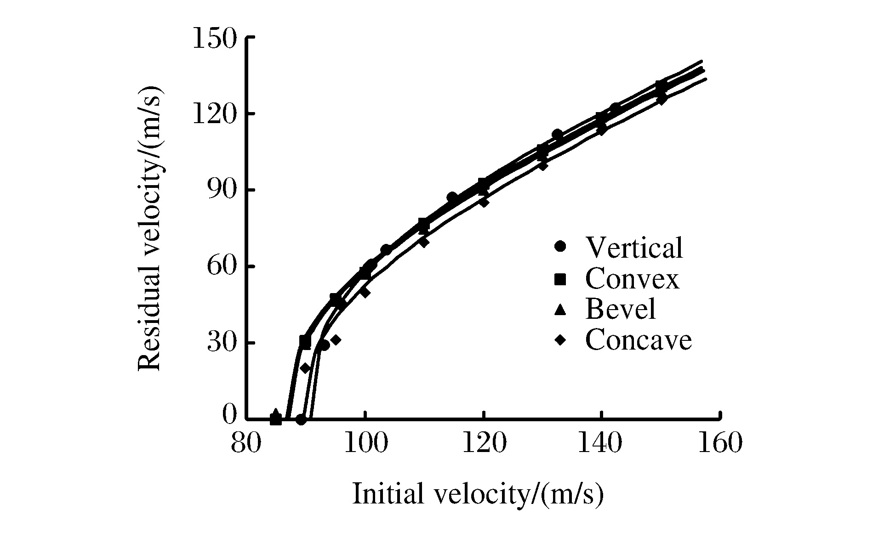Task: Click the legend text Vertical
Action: tap(634, 248)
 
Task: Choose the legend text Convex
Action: tap(632, 279)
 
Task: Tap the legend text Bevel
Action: tap(620, 309)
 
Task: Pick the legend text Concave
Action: tap(638, 340)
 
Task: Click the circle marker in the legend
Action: tap(560, 247)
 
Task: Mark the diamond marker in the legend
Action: tap(560, 340)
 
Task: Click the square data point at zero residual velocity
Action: tap(275, 419)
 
